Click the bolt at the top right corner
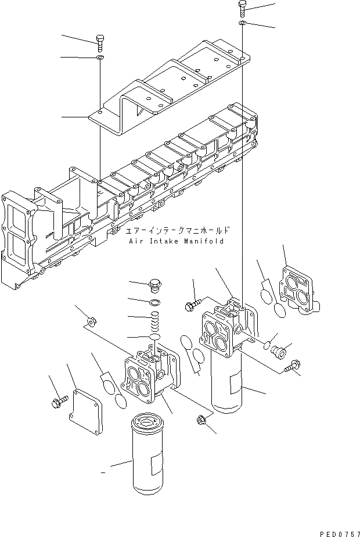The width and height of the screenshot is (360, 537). [x=243, y=8]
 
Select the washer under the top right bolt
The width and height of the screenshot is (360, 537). [x=242, y=23]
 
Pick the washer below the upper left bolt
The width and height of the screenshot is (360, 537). [x=100, y=58]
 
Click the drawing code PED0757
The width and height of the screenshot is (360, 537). [x=337, y=531]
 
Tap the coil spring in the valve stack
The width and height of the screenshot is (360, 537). [x=154, y=321]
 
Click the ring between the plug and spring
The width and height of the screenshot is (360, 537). [x=154, y=302]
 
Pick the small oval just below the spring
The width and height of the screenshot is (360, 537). [x=154, y=337]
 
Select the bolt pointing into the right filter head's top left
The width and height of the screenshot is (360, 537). [x=193, y=303]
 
